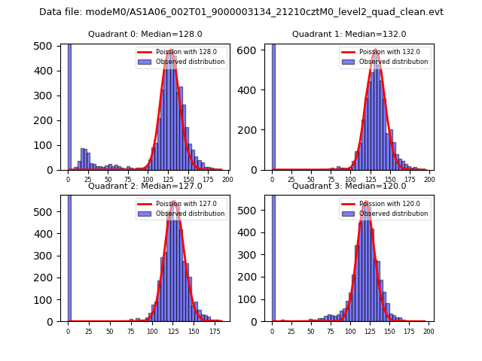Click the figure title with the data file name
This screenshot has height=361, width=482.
pyautogui.click(x=241, y=12)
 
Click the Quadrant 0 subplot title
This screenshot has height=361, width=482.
pyautogui.click(x=145, y=34)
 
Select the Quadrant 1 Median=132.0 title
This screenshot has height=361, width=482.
pyautogui.click(x=349, y=34)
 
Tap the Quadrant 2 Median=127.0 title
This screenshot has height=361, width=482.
pyautogui.click(x=145, y=186)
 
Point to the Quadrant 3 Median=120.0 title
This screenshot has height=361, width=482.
pyautogui.click(x=349, y=186)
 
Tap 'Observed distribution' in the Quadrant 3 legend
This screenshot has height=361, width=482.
pyautogui.click(x=393, y=214)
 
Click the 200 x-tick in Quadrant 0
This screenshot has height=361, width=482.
pyautogui.click(x=227, y=180)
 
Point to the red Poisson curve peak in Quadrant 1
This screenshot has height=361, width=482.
pyautogui.click(x=375, y=50)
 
